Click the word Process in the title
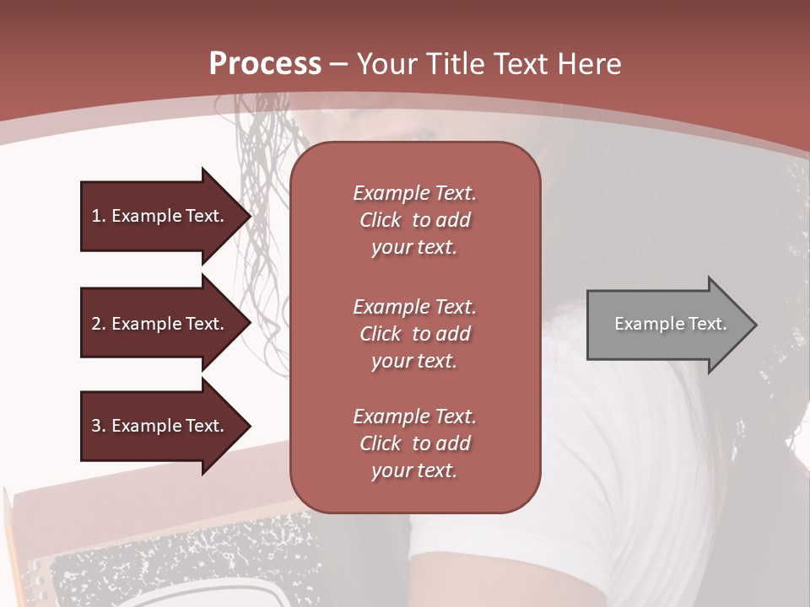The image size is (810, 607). tap(265, 64)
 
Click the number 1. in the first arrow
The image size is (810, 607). tap(99, 216)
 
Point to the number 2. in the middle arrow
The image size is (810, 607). tap(99, 324)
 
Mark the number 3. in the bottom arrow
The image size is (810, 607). tap(99, 426)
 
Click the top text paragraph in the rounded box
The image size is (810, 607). tap(414, 220)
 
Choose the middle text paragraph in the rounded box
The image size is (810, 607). tap(414, 333)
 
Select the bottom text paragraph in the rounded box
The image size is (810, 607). tap(414, 443)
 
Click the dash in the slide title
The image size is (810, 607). tap(339, 65)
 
